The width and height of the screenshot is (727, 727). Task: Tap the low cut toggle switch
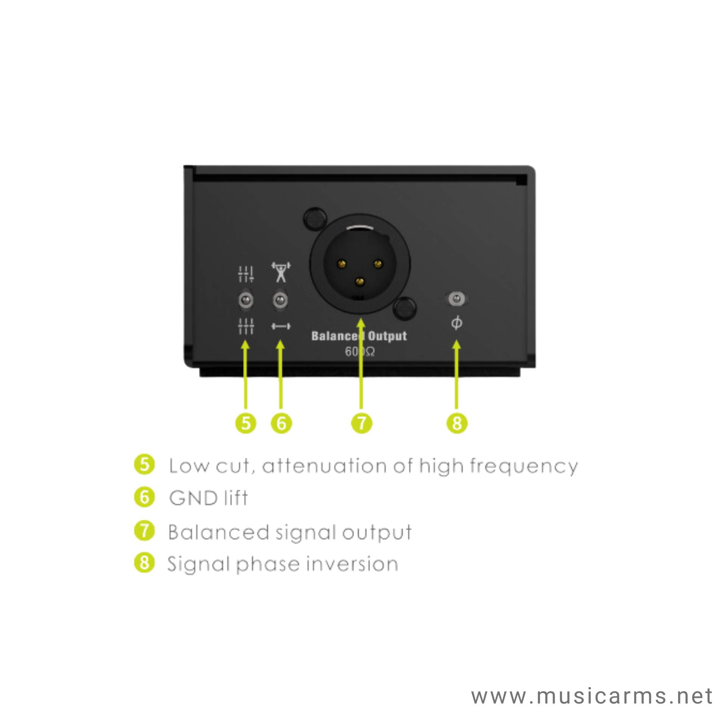[246, 300]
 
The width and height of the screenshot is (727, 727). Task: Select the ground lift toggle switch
[280, 300]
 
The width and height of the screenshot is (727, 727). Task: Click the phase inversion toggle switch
[457, 298]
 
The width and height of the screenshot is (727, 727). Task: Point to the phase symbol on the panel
[457, 323]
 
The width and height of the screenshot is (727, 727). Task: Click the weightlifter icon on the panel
[281, 272]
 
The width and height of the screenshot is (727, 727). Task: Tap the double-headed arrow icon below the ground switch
[281, 326]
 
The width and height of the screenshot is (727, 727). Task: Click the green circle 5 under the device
[246, 423]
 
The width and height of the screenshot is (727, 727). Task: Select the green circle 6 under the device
[281, 423]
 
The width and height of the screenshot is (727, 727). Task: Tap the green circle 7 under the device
[362, 423]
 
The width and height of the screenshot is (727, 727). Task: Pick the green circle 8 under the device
[457, 423]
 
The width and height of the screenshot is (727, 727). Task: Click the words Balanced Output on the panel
[359, 336]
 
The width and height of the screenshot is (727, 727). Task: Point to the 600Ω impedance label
[360, 352]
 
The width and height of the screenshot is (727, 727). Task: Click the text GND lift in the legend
[209, 498]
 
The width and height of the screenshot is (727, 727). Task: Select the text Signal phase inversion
[283, 564]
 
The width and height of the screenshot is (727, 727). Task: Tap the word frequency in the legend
[524, 466]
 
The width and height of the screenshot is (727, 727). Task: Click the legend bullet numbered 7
[145, 530]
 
